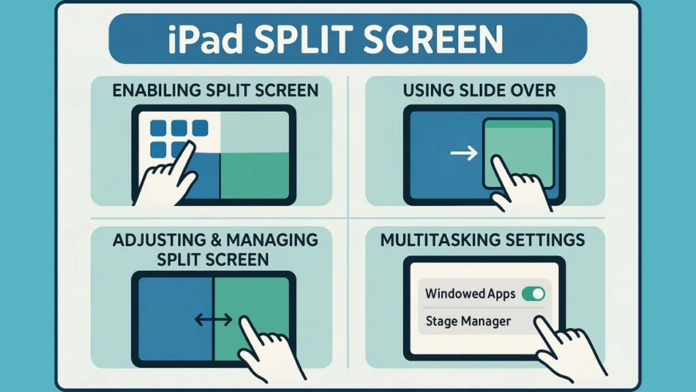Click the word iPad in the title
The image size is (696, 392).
click(205, 39)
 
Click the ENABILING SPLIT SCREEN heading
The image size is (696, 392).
click(215, 91)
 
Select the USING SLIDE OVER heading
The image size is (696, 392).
click(479, 91)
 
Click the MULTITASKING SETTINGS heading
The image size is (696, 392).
click(483, 240)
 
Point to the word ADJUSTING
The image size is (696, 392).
click(159, 240)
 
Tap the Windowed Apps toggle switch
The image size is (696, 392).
click(534, 294)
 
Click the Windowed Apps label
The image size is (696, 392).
click(470, 294)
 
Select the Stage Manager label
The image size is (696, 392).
click(468, 321)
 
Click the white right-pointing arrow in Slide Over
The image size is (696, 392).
click(464, 153)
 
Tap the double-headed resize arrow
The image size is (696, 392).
click(213, 319)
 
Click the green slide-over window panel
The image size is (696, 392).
click(519, 153)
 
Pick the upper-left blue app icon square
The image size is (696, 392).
click(158, 128)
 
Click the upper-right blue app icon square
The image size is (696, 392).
click(200, 128)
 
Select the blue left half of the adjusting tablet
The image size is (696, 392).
click(176, 319)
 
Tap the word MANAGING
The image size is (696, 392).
click(272, 240)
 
